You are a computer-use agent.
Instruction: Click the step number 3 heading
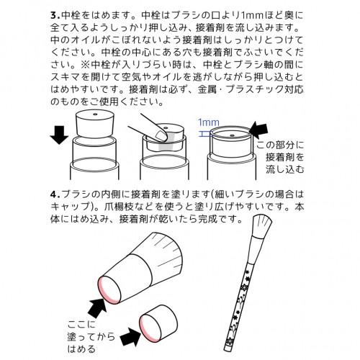pyautogui.click(x=55, y=16)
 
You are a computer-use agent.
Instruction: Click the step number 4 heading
pyautogui.click(x=55, y=194)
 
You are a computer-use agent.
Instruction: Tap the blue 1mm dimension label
pyautogui.click(x=209, y=122)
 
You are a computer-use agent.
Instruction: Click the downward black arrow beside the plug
pyautogui.click(x=59, y=135)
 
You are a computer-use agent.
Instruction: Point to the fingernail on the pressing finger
pyautogui.click(x=160, y=135)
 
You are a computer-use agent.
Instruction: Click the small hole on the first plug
pyautogui.click(x=95, y=114)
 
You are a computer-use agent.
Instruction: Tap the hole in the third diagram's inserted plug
pyautogui.click(x=232, y=135)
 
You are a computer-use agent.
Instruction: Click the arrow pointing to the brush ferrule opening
pyautogui.click(x=98, y=308)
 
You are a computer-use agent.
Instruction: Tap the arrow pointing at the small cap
pyautogui.click(x=130, y=337)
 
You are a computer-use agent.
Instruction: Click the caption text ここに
pyautogui.click(x=81, y=325)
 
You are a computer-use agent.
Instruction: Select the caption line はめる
pyautogui.click(x=81, y=348)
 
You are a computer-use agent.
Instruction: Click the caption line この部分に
pyautogui.click(x=280, y=145)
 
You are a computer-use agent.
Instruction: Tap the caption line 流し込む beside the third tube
pyautogui.click(x=285, y=169)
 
